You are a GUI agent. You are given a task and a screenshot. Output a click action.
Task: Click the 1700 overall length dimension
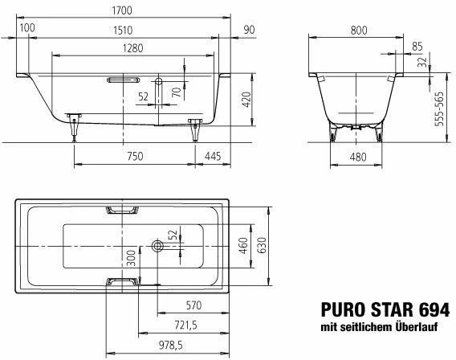122,10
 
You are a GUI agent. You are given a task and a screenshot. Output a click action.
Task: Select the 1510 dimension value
123,31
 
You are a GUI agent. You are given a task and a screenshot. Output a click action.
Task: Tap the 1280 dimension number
133,48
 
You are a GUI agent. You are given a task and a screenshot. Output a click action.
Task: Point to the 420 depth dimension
246,99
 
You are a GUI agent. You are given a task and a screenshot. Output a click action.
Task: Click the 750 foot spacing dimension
135,156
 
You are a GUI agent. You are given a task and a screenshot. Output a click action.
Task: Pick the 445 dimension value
213,156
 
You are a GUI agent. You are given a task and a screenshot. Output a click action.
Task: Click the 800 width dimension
359,31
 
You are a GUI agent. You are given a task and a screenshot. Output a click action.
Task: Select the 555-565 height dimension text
439,108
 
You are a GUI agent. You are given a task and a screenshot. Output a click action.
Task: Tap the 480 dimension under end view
358,157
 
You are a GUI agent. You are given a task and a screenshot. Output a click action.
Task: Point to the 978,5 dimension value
170,346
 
